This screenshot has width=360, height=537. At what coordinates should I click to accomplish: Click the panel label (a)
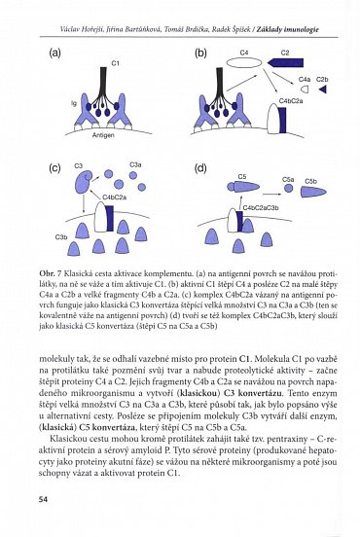(x=56, y=54)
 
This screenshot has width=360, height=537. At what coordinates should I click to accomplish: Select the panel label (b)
(x=201, y=54)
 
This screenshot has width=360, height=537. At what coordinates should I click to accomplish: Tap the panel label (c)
(x=56, y=168)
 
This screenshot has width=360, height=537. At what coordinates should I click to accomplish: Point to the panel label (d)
(x=200, y=168)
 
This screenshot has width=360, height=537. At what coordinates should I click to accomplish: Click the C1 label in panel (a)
(x=115, y=63)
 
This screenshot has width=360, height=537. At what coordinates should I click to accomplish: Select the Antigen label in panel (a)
(x=115, y=134)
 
